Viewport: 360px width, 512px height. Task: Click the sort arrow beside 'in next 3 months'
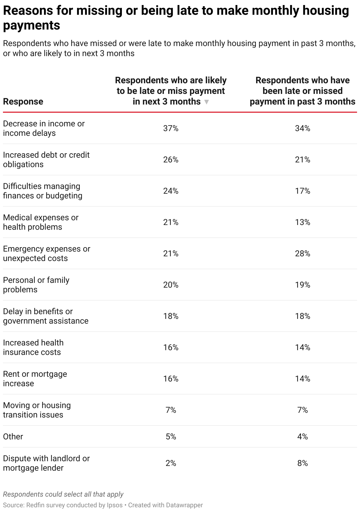[207, 102]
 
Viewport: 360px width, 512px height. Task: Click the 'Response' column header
[23, 102]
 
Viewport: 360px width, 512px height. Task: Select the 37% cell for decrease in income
[171, 128]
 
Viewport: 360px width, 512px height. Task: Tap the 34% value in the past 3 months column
[302, 128]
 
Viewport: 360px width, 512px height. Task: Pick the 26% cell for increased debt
[171, 159]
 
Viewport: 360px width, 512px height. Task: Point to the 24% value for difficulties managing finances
[171, 191]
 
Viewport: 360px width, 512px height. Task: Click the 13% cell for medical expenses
[302, 222]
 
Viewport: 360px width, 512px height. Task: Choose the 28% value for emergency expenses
[302, 253]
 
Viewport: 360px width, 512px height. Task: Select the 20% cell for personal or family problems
[171, 285]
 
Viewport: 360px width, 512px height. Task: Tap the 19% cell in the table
[302, 285]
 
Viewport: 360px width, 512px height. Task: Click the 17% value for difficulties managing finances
[302, 191]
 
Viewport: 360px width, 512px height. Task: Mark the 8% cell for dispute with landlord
[302, 463]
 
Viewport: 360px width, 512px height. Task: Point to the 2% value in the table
[171, 463]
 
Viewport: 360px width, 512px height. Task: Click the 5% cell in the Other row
[171, 436]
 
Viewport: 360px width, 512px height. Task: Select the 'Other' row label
[13, 436]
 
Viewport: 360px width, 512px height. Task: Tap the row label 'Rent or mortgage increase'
[35, 379]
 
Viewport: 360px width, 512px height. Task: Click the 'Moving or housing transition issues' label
[37, 410]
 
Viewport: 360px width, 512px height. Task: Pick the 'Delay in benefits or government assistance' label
[45, 316]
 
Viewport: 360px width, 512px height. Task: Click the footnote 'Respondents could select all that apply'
[63, 494]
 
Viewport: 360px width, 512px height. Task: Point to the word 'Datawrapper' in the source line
[184, 505]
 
